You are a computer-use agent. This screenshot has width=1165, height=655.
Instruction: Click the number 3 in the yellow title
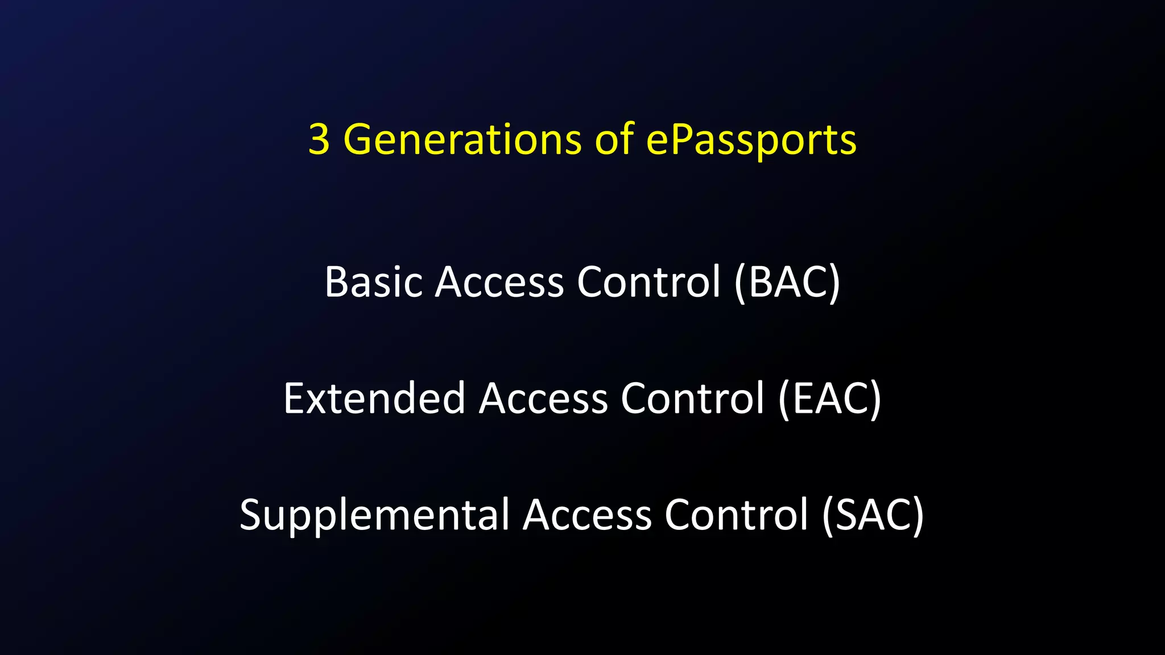click(319, 140)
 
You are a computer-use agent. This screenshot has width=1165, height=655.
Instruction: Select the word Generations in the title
click(462, 140)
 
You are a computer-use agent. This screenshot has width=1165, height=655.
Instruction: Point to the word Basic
click(374, 283)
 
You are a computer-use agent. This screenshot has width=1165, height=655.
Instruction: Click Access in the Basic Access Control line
click(499, 283)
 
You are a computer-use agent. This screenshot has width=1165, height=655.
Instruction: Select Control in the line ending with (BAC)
click(648, 283)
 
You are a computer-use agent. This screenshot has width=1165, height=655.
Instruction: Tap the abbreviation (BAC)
click(787, 283)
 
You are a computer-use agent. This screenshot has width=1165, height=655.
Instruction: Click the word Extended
click(374, 399)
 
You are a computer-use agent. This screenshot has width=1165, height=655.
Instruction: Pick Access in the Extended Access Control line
click(543, 399)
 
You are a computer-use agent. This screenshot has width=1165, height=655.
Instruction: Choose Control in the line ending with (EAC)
click(692, 399)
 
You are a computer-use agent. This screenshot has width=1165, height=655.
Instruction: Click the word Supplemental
click(374, 515)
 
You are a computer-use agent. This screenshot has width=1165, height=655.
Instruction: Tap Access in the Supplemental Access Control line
click(587, 515)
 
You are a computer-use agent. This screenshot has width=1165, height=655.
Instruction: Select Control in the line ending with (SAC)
click(736, 515)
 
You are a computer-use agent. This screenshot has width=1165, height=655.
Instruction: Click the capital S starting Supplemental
click(251, 515)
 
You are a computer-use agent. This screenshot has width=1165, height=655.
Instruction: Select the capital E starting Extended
click(295, 399)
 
